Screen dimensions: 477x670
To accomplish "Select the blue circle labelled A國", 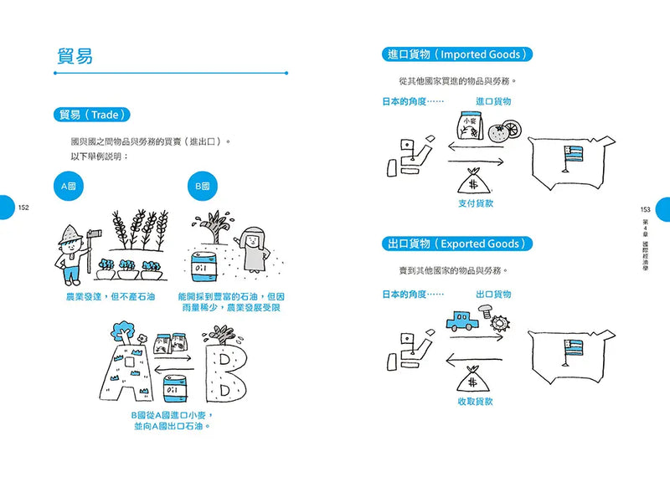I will coord(69,187).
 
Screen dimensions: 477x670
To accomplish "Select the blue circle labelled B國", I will coord(203,187).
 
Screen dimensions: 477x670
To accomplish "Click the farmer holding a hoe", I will coord(73,250).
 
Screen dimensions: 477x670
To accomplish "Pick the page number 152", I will coord(23,208).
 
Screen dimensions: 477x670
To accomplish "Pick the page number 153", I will coord(645,209).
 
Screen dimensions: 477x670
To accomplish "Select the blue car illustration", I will coord(461,321).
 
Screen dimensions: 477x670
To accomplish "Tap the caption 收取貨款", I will coord(475,402).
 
